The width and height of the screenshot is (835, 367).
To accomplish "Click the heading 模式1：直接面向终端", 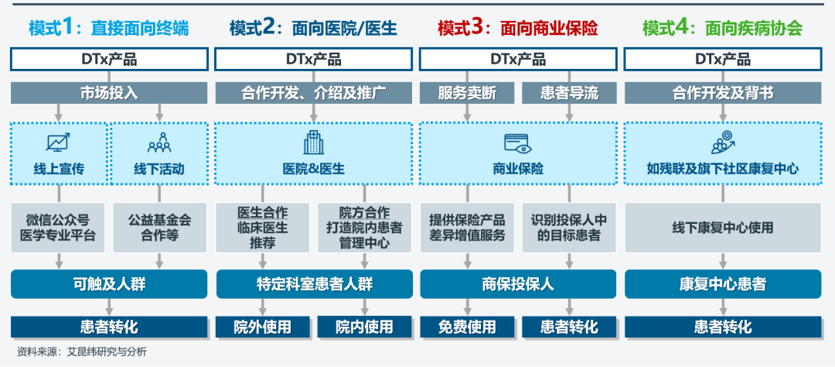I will click(x=108, y=29).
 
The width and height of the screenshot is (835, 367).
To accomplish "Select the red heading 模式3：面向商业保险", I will click(x=517, y=29).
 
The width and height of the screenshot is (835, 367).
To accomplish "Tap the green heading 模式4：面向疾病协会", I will click(x=722, y=29).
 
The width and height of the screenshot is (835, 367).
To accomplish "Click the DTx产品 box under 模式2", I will click(x=313, y=59).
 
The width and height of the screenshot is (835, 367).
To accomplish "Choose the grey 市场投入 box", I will click(x=109, y=93).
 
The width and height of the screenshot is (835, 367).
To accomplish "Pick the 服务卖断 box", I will click(x=467, y=93).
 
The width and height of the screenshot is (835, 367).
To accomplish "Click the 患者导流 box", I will click(x=570, y=93).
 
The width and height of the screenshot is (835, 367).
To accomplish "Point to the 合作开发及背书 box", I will click(x=723, y=93).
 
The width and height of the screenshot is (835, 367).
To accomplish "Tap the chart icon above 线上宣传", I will click(x=59, y=142).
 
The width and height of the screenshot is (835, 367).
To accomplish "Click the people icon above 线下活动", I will click(x=158, y=142).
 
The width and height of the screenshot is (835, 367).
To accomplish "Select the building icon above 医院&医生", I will click(x=313, y=142).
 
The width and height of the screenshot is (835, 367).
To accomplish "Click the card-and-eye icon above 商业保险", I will click(x=517, y=142).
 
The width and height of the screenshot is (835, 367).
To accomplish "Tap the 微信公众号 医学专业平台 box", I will click(x=60, y=228).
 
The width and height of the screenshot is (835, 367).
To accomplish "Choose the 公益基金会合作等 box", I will click(x=159, y=228).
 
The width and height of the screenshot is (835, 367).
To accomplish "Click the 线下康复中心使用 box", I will click(x=723, y=228).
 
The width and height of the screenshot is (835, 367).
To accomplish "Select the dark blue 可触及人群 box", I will click(x=109, y=284).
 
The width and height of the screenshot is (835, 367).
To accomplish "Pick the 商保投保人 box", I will click(x=517, y=284).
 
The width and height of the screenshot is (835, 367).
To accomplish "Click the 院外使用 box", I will click(x=263, y=326).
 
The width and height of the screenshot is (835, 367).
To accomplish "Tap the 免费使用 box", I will click(x=467, y=326).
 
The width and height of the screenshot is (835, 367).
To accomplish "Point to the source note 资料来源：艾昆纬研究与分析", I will click(x=82, y=352).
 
